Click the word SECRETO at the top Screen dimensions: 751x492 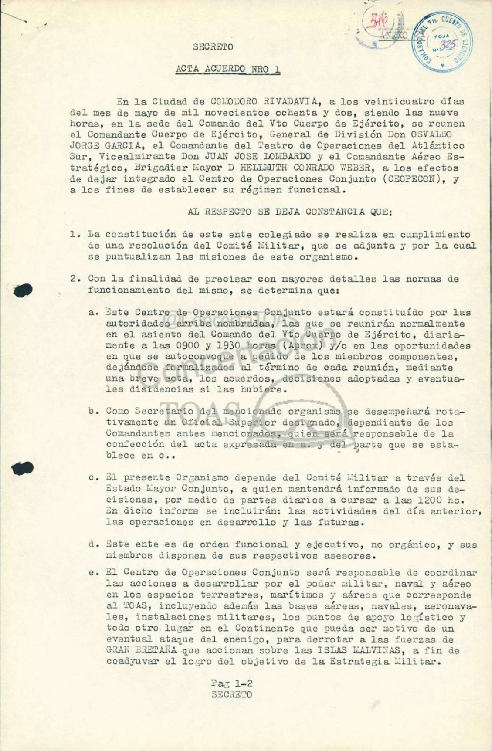click(213, 47)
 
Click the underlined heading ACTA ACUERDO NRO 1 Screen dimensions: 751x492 click(228, 69)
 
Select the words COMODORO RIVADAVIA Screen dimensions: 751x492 click(262, 102)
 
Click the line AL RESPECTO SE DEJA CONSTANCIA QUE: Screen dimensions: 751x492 click(263, 212)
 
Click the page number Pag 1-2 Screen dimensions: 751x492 click(231, 683)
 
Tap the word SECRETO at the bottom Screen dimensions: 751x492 click(232, 695)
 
